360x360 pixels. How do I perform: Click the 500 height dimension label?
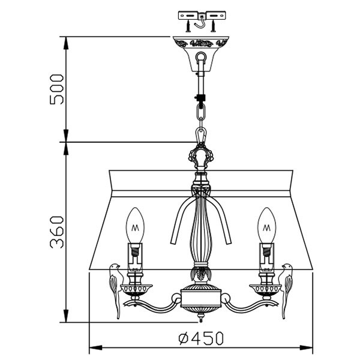point(56,89)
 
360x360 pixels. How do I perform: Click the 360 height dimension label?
point(56,232)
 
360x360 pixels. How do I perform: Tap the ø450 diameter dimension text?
point(201,338)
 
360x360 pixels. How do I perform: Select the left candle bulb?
point(135,225)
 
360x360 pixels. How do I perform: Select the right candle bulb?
point(266,225)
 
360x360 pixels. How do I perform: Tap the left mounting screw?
point(188,26)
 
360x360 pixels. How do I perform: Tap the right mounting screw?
point(214,26)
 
